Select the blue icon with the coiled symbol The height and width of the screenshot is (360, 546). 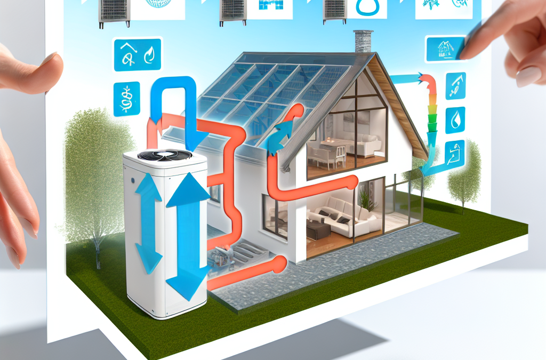click(127, 99)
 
